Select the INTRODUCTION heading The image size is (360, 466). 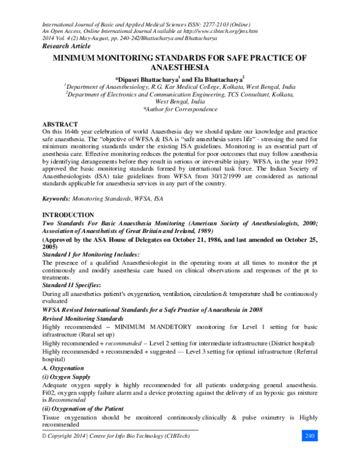pos(67,214)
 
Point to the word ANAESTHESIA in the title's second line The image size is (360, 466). pos(180,68)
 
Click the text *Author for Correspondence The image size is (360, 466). pos(180,110)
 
